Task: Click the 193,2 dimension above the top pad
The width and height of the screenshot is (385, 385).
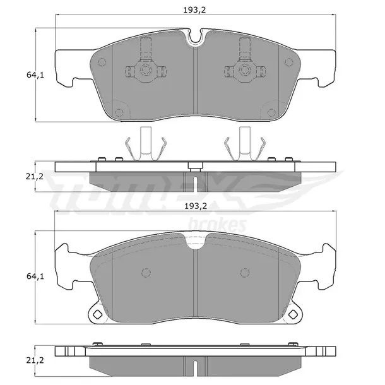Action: point(194,10)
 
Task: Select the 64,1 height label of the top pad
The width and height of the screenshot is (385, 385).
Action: point(35,75)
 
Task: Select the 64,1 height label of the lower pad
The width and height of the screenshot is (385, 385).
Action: point(35,276)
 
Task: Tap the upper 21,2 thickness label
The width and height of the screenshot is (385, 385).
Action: point(35,176)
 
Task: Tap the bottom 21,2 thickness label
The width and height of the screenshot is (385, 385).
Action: point(35,360)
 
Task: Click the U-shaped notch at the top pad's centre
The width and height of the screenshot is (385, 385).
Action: point(195,40)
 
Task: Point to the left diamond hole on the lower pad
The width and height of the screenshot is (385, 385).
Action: point(97,314)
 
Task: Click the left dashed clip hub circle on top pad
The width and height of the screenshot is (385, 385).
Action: point(145,69)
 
